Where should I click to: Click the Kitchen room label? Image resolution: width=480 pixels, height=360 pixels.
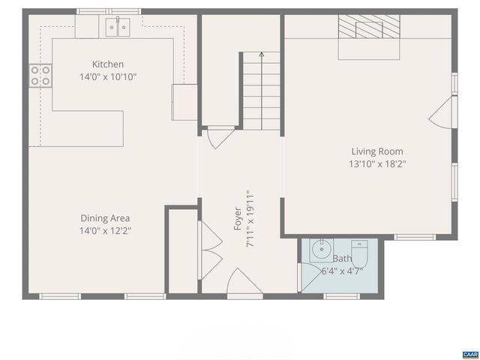(108, 64)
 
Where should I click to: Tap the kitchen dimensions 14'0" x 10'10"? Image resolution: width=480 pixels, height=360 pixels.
(108, 76)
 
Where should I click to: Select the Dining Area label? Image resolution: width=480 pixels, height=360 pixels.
(105, 218)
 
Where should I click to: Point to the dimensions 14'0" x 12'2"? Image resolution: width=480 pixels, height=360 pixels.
(105, 231)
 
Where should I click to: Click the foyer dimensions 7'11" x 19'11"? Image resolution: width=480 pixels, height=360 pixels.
(250, 219)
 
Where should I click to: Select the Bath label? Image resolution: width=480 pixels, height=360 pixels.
(342, 259)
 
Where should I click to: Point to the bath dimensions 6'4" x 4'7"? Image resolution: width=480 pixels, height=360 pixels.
(342, 271)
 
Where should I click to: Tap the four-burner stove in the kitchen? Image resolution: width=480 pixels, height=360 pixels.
(40, 75)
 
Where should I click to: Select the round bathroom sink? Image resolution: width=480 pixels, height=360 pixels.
(322, 248)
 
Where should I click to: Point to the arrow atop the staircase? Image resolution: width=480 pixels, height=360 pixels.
(261, 55)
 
